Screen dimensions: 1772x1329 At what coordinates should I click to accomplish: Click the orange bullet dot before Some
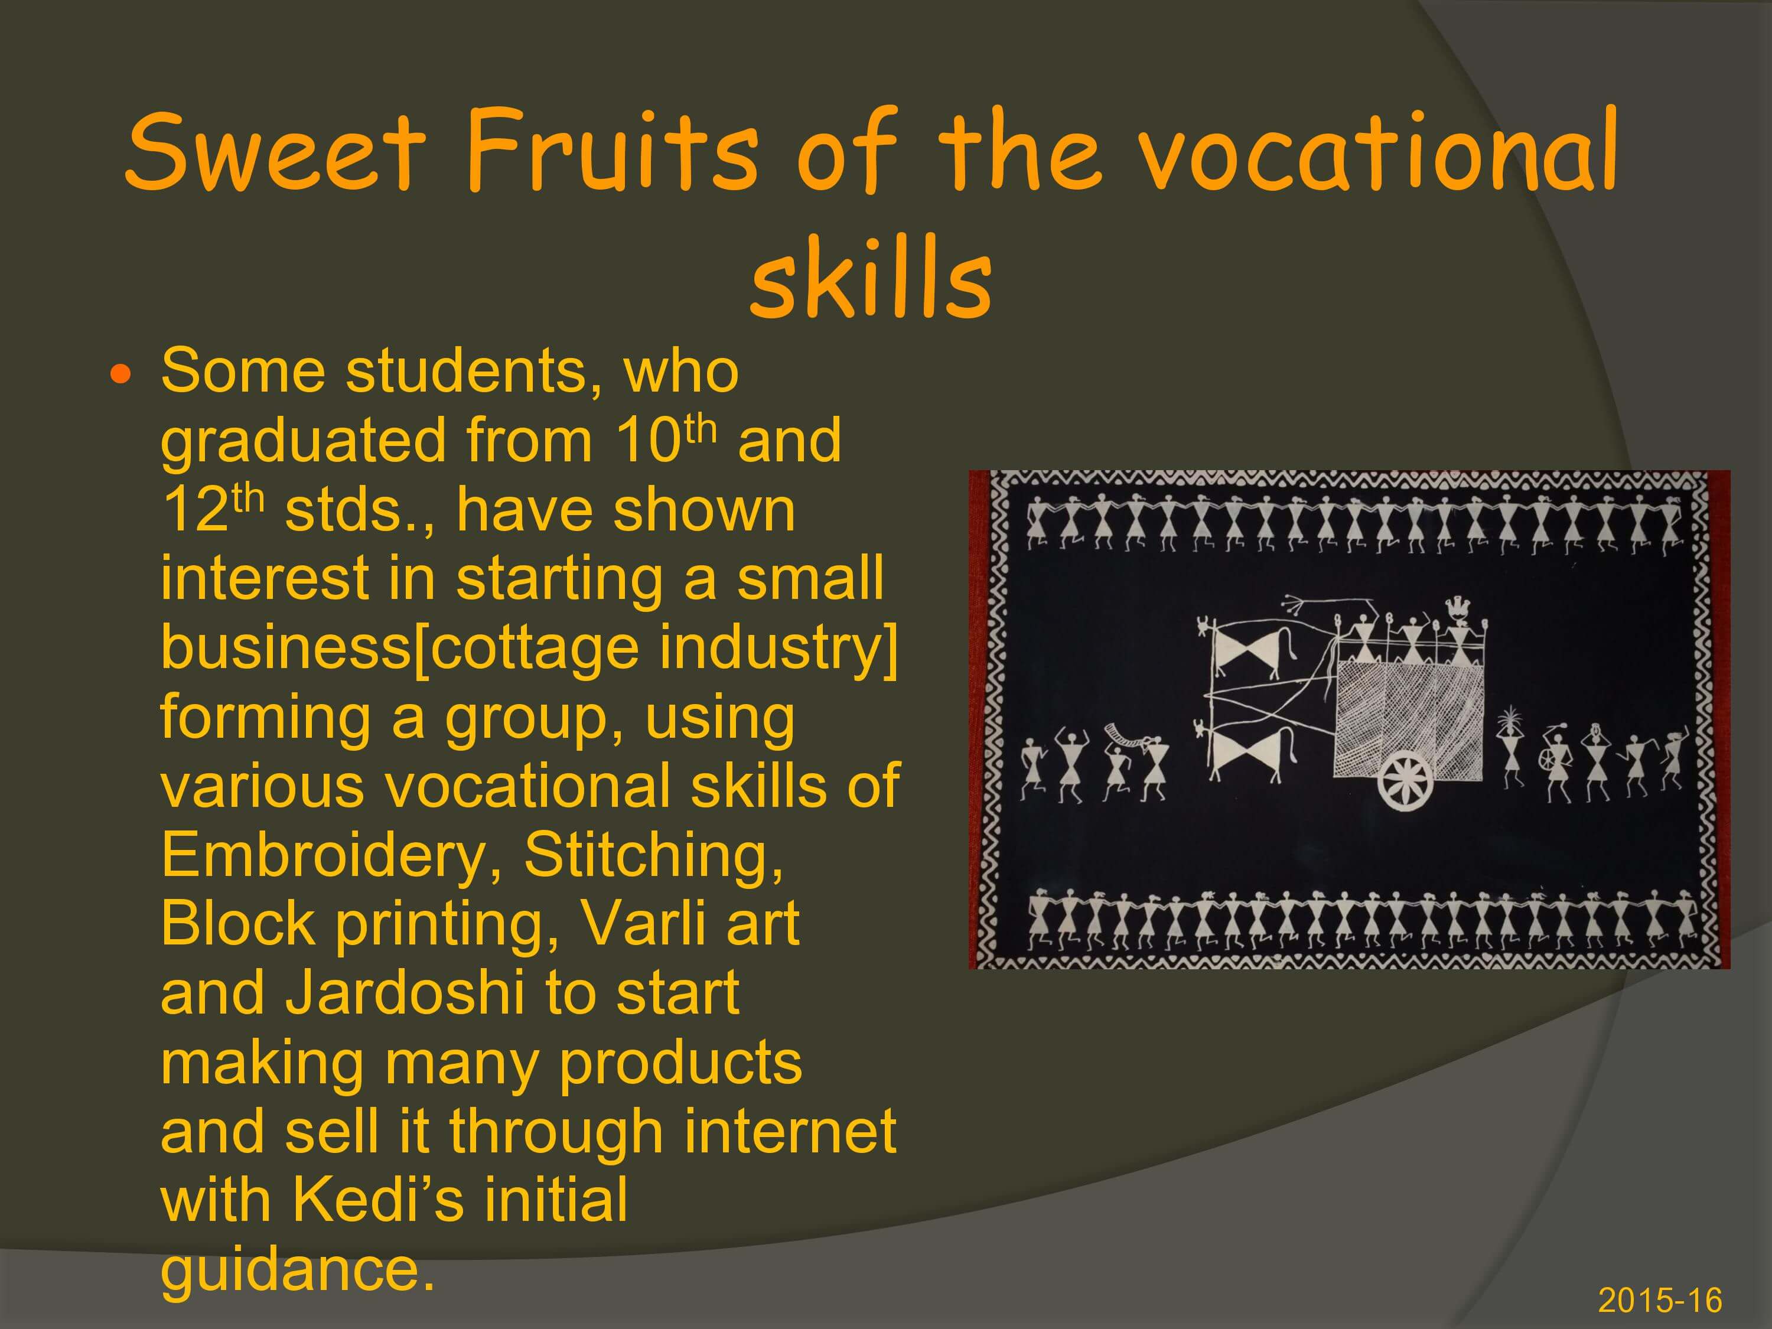click(x=119, y=374)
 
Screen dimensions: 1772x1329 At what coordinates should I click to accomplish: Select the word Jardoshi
click(x=405, y=994)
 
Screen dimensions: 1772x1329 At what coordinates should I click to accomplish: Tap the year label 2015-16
click(x=1660, y=1299)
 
